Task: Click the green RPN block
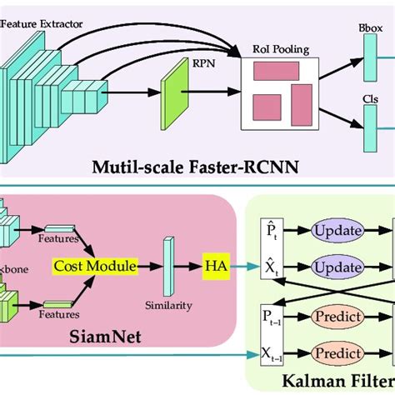click(177, 92)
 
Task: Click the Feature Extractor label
click(42, 24)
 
